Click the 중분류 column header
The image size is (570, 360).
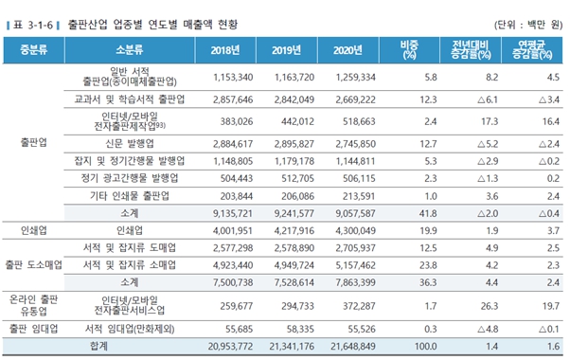(x=33, y=49)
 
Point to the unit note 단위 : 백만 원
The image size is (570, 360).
(x=527, y=24)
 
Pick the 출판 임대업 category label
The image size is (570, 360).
(x=33, y=328)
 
